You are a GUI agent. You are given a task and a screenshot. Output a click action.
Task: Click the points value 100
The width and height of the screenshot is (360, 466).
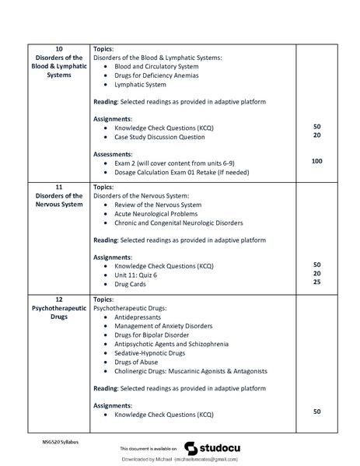[316, 161]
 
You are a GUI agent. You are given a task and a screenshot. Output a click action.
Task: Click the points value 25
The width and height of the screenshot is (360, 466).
[316, 283]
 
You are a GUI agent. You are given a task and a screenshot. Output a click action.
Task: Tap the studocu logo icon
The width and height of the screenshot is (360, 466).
[190, 448]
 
